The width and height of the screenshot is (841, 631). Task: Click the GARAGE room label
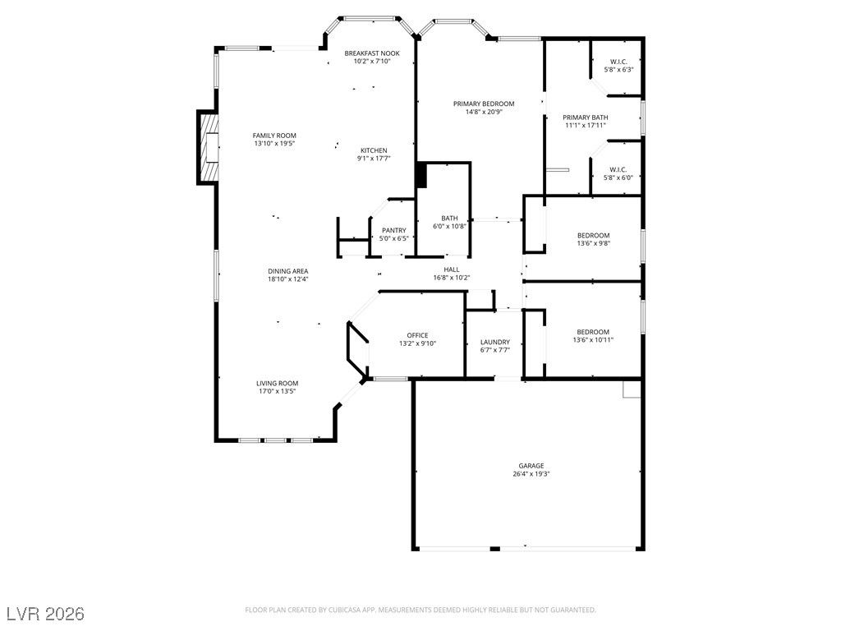(x=531, y=466)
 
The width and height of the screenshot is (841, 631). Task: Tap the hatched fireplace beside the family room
(x=209, y=148)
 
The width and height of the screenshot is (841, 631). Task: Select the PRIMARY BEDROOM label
(x=484, y=104)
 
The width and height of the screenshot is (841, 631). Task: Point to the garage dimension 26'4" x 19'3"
(x=531, y=474)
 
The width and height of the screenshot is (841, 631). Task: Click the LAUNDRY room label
(x=495, y=342)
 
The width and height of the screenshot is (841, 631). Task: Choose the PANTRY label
(x=394, y=230)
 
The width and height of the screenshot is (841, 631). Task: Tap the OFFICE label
(x=417, y=335)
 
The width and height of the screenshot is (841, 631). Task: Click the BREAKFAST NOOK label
(x=372, y=53)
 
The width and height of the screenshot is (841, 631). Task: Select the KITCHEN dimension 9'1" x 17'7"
(x=374, y=159)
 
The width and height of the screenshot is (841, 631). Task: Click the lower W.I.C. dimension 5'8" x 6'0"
(x=618, y=177)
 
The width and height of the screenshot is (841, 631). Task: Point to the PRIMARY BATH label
(x=585, y=117)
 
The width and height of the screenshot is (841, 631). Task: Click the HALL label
(x=452, y=269)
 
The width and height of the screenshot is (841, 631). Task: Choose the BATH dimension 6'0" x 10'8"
(x=449, y=226)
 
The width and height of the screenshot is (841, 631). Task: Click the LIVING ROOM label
(x=278, y=383)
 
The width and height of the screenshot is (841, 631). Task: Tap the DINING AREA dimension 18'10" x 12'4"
(x=288, y=279)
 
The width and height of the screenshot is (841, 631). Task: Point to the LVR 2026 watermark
(x=46, y=613)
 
